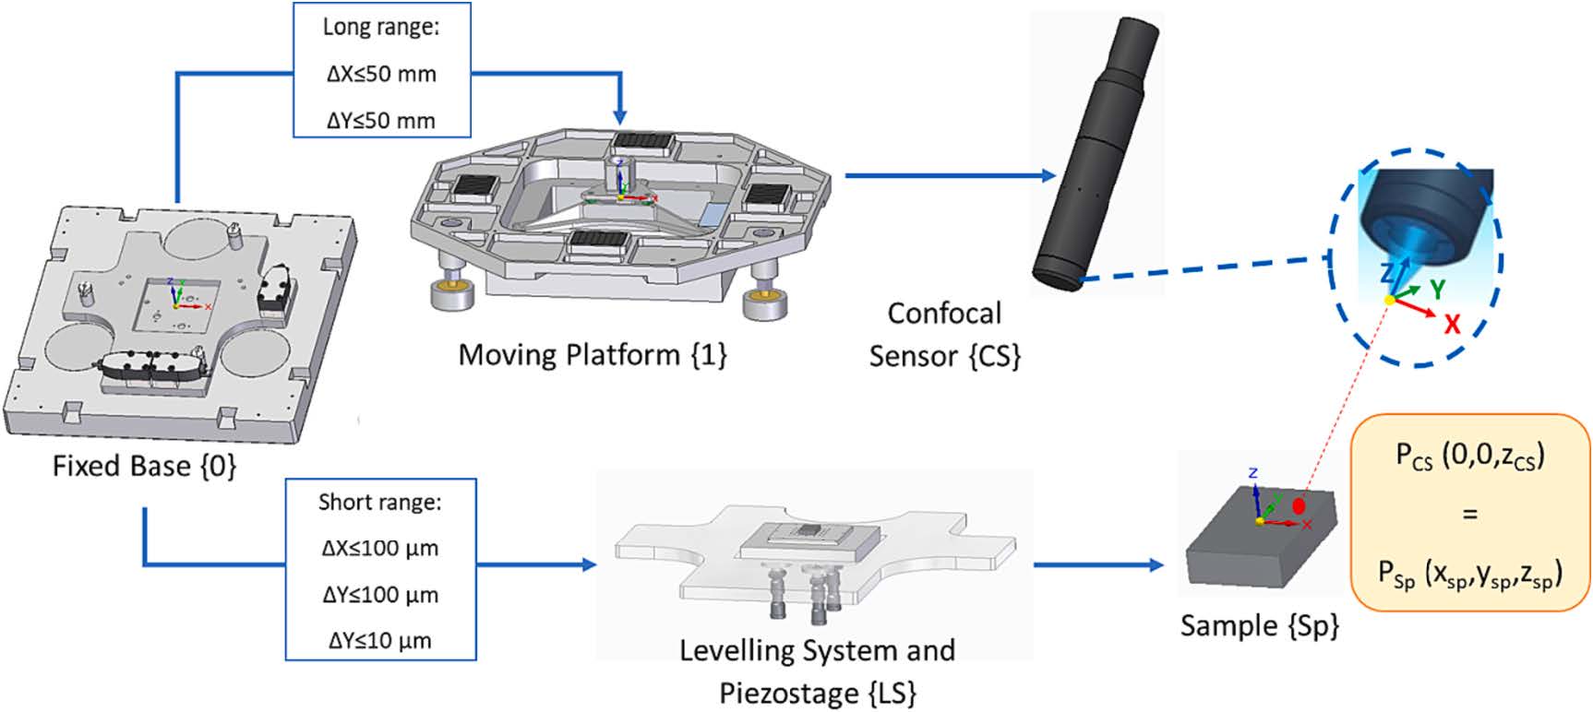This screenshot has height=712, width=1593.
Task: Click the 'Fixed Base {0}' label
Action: pos(144,466)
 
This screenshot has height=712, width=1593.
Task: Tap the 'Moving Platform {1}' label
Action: pos(593,355)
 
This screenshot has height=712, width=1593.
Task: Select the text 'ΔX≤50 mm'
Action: pos(381,74)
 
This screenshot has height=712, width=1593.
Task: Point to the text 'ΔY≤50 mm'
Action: pos(381,120)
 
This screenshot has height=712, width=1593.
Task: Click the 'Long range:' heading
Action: pos(381,27)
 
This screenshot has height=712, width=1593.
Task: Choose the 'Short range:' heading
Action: pos(379,503)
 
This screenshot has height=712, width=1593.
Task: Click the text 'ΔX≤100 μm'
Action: pos(379,549)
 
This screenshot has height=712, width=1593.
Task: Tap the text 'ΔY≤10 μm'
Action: pos(379,640)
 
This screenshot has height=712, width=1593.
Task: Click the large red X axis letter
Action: pos(1452,323)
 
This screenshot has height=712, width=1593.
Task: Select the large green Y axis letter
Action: pos(1437,289)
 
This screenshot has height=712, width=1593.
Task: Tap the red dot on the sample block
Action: pos(1300,505)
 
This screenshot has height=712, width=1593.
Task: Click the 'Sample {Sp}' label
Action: pos(1259,626)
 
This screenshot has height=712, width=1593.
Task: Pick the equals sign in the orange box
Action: pos(1469,514)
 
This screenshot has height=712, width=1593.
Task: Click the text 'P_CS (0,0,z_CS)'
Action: pos(1469,456)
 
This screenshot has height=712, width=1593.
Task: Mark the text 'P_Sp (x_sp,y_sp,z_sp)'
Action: pos(1469,575)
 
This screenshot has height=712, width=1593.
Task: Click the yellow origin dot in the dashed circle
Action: pos(1390,301)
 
